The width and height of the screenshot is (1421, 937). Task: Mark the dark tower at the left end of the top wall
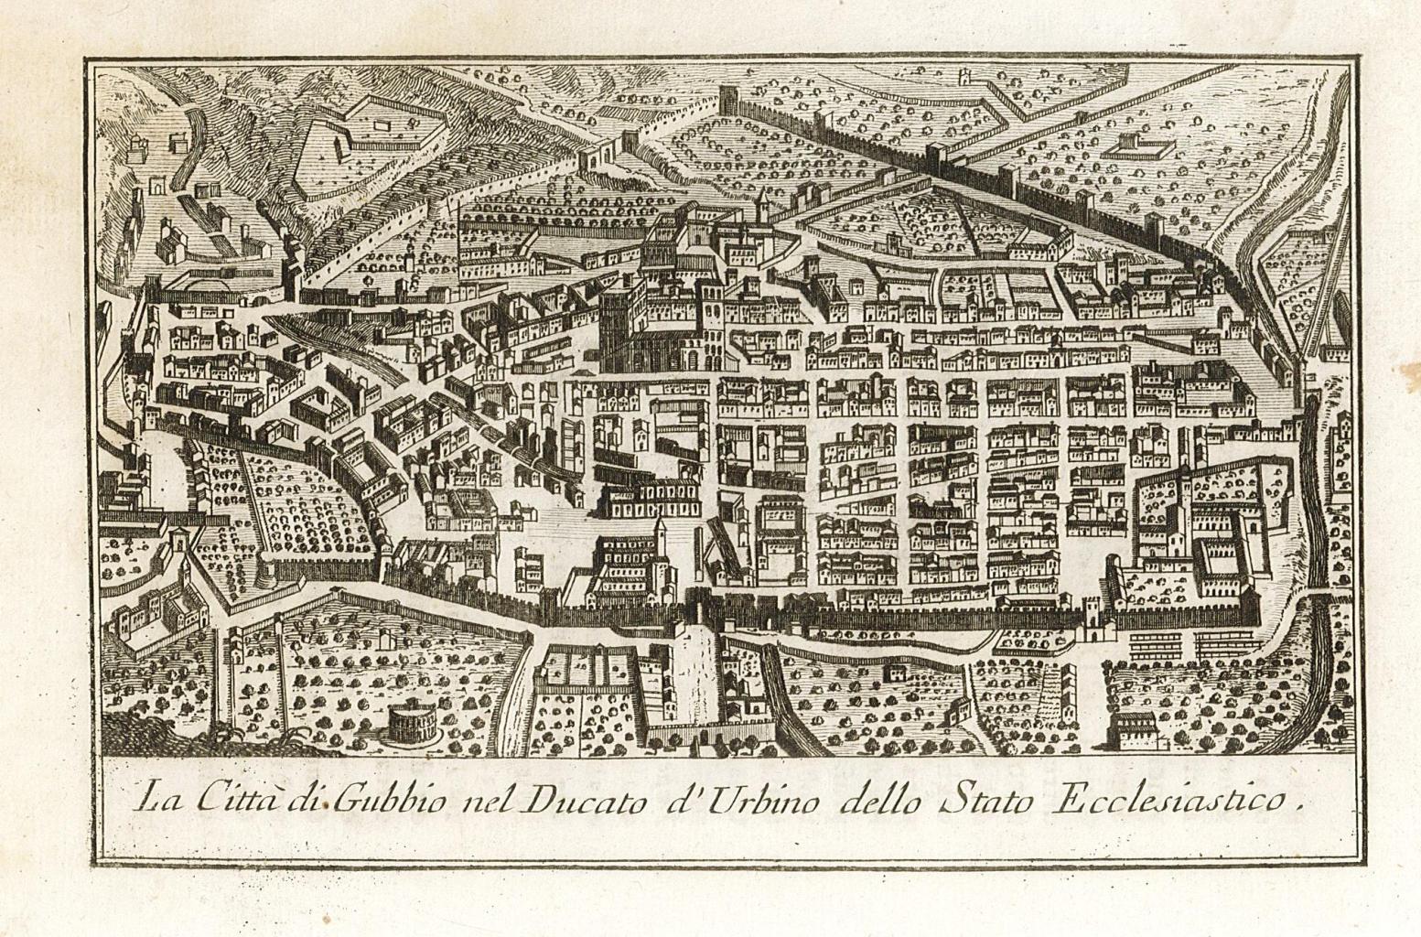click(730, 100)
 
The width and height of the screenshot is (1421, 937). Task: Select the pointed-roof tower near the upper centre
click(760, 206)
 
